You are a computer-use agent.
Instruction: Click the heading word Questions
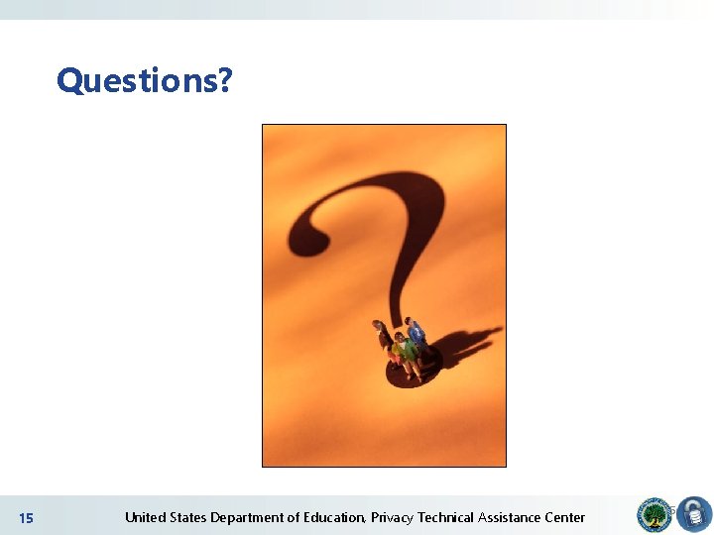click(137, 79)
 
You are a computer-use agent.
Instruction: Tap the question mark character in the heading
click(224, 79)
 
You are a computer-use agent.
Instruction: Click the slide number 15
click(26, 518)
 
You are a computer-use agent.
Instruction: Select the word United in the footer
click(145, 517)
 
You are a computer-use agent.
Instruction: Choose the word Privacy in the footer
click(392, 517)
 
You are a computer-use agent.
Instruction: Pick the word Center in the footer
click(564, 517)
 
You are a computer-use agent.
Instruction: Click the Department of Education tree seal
click(654, 515)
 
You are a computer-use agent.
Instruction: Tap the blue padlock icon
click(693, 515)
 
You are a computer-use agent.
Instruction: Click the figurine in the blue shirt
click(416, 337)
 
